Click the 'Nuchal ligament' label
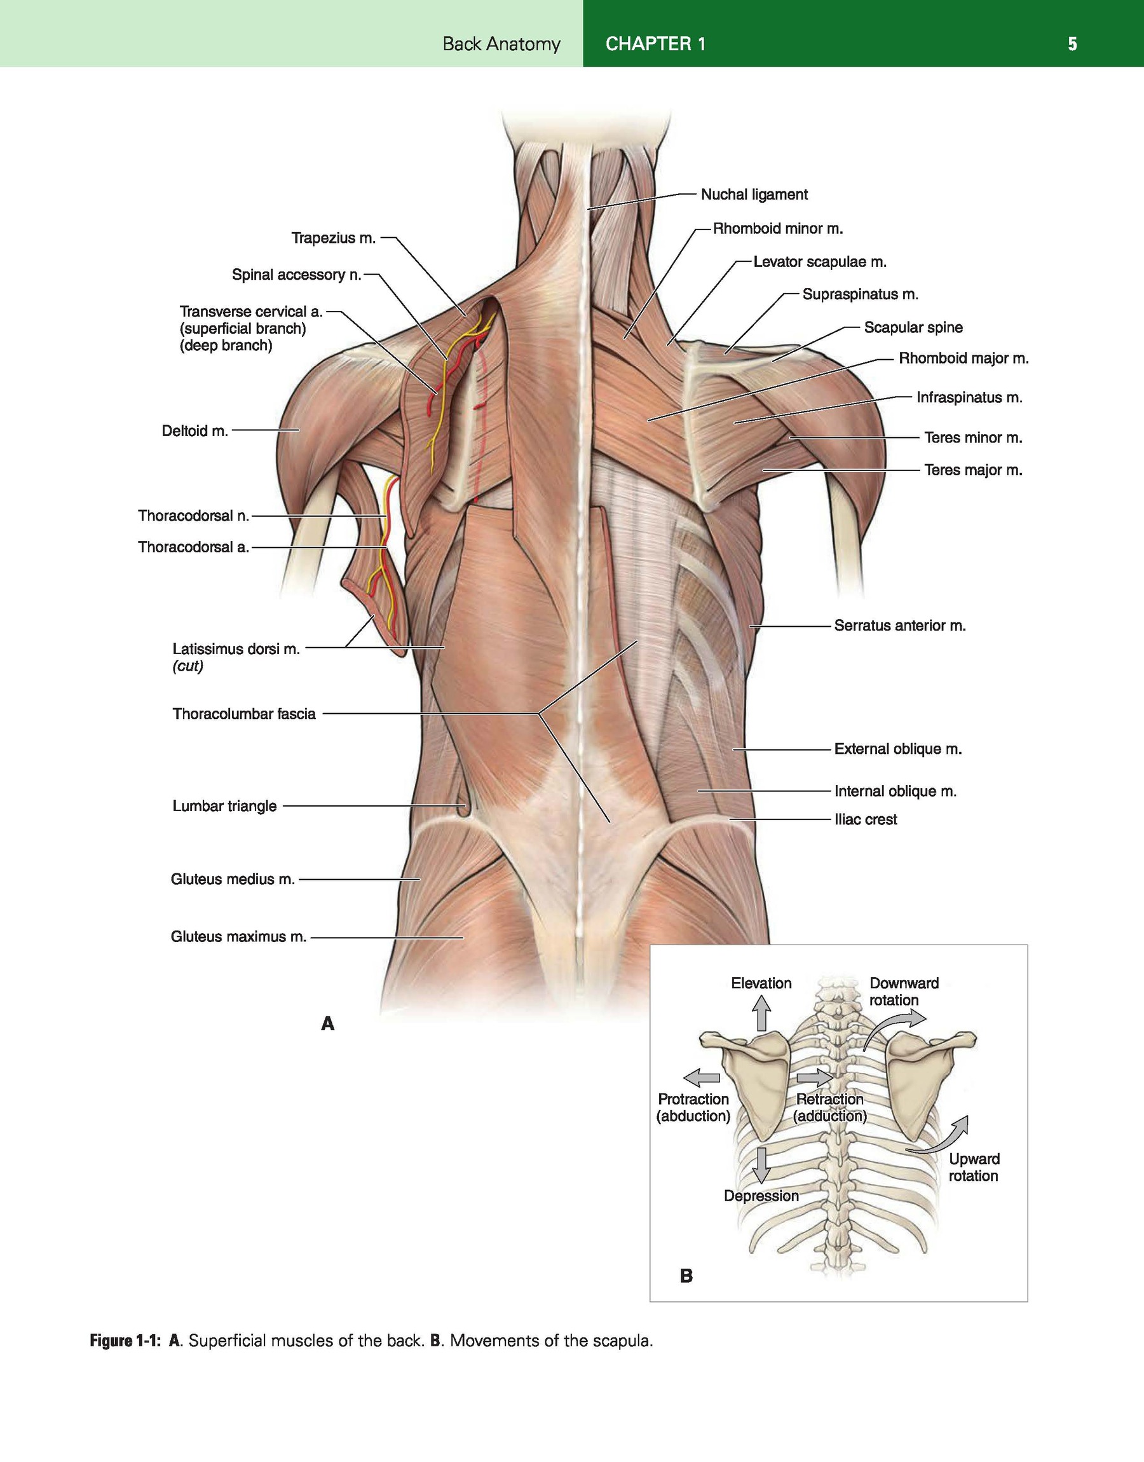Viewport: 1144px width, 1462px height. point(754,195)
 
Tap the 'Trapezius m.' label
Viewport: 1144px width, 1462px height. point(334,238)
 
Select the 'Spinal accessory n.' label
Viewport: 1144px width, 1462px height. point(297,275)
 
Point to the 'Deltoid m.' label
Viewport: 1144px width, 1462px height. point(195,430)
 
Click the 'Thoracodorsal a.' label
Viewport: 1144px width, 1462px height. point(194,547)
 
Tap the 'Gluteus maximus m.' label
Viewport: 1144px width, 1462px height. point(238,936)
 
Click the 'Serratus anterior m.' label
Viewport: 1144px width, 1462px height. point(899,625)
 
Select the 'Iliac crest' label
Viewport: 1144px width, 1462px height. point(866,819)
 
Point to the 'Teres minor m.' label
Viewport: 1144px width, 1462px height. point(973,438)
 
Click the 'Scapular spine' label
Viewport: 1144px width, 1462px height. point(913,327)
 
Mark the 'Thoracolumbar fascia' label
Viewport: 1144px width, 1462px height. point(244,714)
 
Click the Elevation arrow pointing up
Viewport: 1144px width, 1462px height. point(761,1013)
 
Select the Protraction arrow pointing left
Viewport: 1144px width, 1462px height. point(701,1077)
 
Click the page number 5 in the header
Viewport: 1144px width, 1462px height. point(1072,44)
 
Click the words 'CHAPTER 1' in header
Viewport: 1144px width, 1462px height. point(655,44)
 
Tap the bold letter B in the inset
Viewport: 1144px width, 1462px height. point(686,1276)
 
